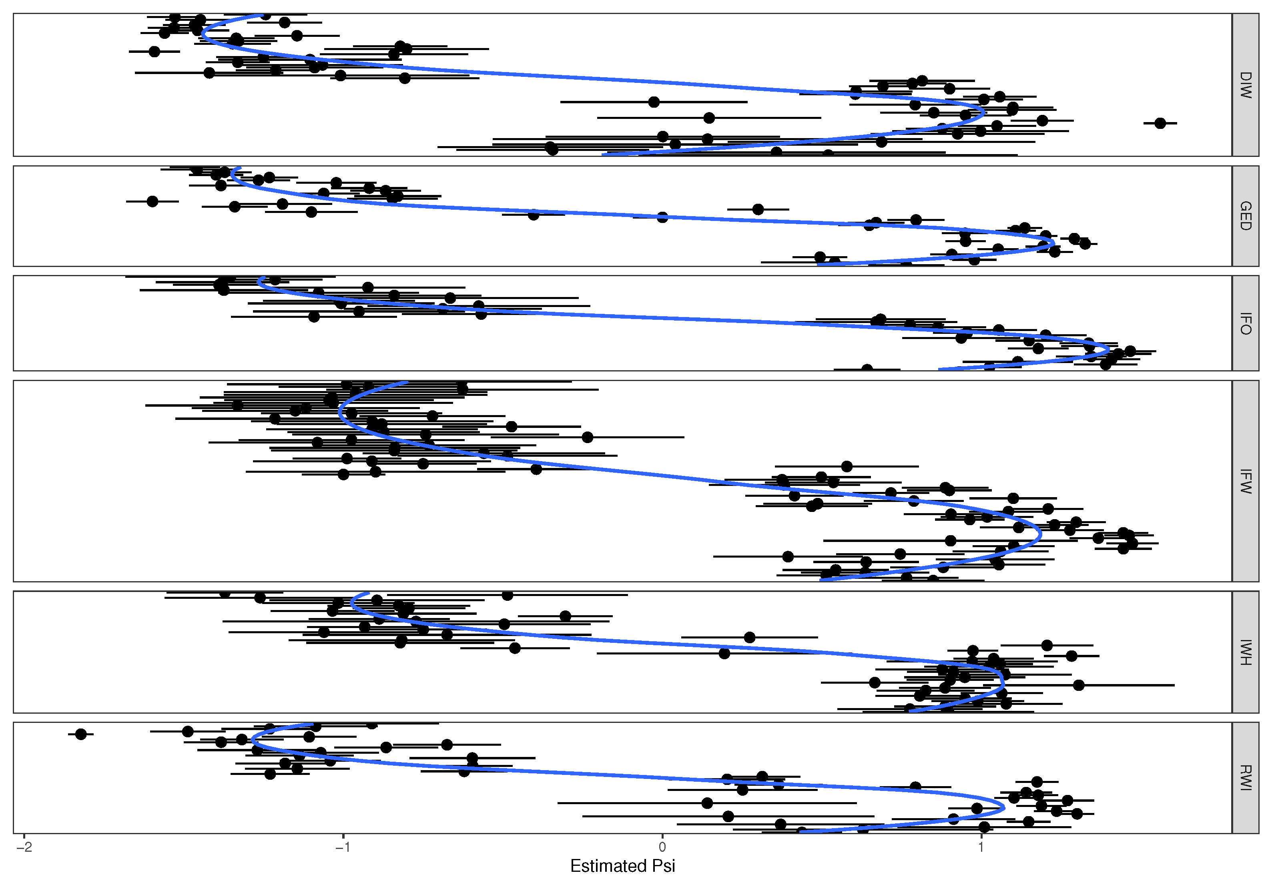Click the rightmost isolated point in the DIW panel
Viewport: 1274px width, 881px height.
point(1160,123)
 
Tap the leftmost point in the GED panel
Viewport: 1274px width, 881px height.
point(153,201)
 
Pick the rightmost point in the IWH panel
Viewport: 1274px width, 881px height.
point(1079,685)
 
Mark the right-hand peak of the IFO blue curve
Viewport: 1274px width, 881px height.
point(1108,350)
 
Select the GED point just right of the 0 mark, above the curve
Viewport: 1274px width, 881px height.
point(758,209)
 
